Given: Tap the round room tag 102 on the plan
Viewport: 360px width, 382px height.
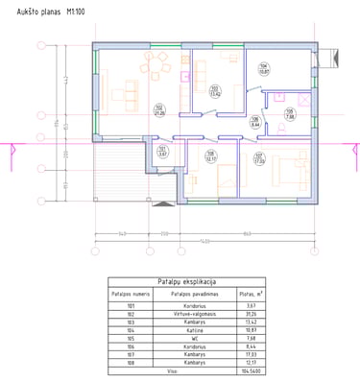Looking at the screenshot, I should (158, 110).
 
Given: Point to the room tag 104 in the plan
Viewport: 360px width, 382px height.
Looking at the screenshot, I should (263, 68).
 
